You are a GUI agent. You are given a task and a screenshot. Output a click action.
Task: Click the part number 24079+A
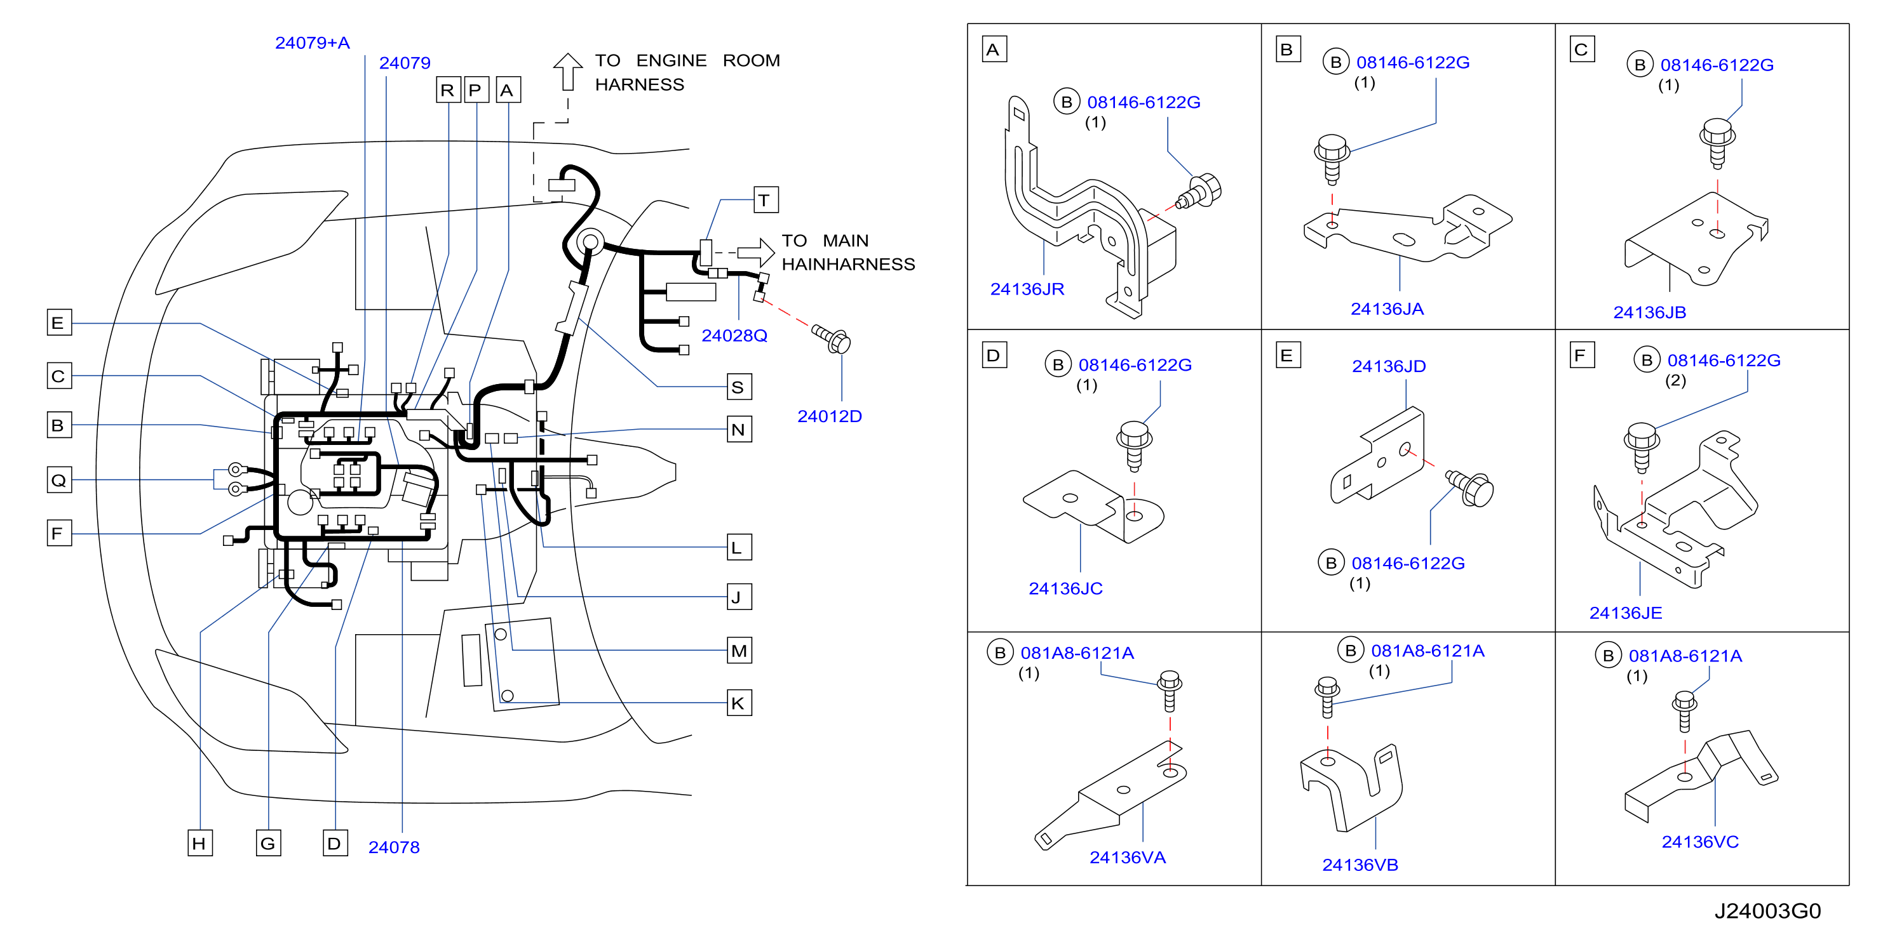coord(312,43)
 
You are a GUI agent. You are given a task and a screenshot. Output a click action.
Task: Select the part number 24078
coord(394,847)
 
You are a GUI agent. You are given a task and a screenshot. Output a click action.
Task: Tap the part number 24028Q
coord(734,336)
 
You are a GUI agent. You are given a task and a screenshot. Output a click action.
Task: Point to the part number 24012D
coord(829,416)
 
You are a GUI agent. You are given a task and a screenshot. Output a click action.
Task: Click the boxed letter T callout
coord(766,199)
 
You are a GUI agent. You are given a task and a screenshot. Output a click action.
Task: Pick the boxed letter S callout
coord(739,387)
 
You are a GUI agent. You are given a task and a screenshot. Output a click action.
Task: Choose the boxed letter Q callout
coord(59,480)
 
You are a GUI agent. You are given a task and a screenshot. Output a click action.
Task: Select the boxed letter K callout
coord(739,703)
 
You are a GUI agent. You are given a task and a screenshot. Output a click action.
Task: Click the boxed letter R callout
coord(449,90)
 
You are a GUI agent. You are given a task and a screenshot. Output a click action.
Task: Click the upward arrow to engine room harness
coord(568,71)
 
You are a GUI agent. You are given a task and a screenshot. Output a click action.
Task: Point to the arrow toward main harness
coord(755,253)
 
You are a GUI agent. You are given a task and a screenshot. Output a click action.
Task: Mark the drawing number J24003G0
coord(1767,911)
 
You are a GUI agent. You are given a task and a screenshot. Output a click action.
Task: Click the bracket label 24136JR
coord(1027,289)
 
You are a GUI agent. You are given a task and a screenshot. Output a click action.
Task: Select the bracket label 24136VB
coord(1360,865)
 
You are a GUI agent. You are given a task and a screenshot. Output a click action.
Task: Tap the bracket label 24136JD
coord(1389,366)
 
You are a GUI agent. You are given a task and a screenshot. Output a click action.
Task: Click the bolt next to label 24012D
coord(832,338)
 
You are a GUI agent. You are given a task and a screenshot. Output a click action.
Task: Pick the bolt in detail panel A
coord(1199,191)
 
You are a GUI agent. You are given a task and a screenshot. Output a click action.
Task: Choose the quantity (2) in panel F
coord(1675,380)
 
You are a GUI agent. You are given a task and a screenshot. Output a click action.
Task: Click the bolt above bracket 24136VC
coord(1684,711)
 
